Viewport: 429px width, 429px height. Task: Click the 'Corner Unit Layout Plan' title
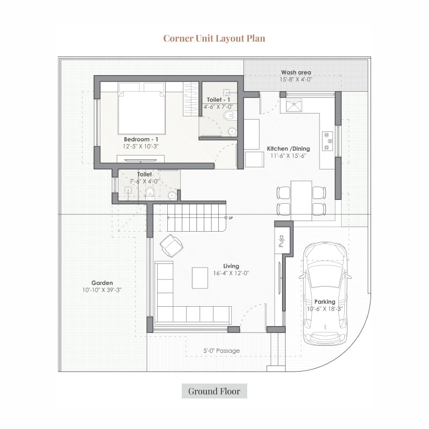click(x=214, y=38)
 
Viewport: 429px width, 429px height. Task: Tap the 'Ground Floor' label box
click(x=214, y=391)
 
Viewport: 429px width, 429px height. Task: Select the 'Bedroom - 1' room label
click(x=141, y=139)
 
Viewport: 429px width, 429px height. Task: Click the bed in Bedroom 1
click(x=142, y=108)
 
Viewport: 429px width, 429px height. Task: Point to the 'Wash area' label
click(x=296, y=72)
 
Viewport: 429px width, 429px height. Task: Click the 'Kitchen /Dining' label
click(x=289, y=149)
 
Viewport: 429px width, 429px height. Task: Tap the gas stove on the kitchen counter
click(x=328, y=141)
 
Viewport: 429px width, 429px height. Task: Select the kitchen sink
click(x=294, y=106)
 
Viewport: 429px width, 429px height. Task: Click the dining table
click(x=301, y=201)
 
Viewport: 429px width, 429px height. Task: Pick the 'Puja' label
click(x=281, y=241)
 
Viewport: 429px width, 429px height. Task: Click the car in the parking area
click(x=325, y=293)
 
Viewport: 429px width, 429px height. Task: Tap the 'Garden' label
click(x=102, y=283)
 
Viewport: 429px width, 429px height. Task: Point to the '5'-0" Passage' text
click(x=221, y=351)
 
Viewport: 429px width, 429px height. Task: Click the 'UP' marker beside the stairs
click(x=231, y=218)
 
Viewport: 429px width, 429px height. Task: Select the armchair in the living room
click(x=172, y=246)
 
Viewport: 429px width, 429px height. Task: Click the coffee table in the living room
click(x=199, y=278)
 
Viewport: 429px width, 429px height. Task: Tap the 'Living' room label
click(x=231, y=266)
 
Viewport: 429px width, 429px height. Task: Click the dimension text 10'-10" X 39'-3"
click(x=102, y=290)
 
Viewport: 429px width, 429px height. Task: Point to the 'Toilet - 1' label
click(x=218, y=100)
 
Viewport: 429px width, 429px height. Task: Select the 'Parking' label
click(x=325, y=302)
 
